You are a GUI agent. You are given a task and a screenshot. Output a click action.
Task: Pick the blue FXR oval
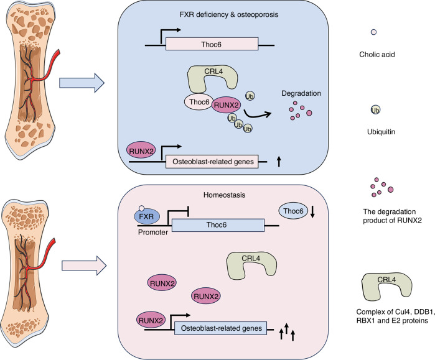[x=146, y=216]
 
